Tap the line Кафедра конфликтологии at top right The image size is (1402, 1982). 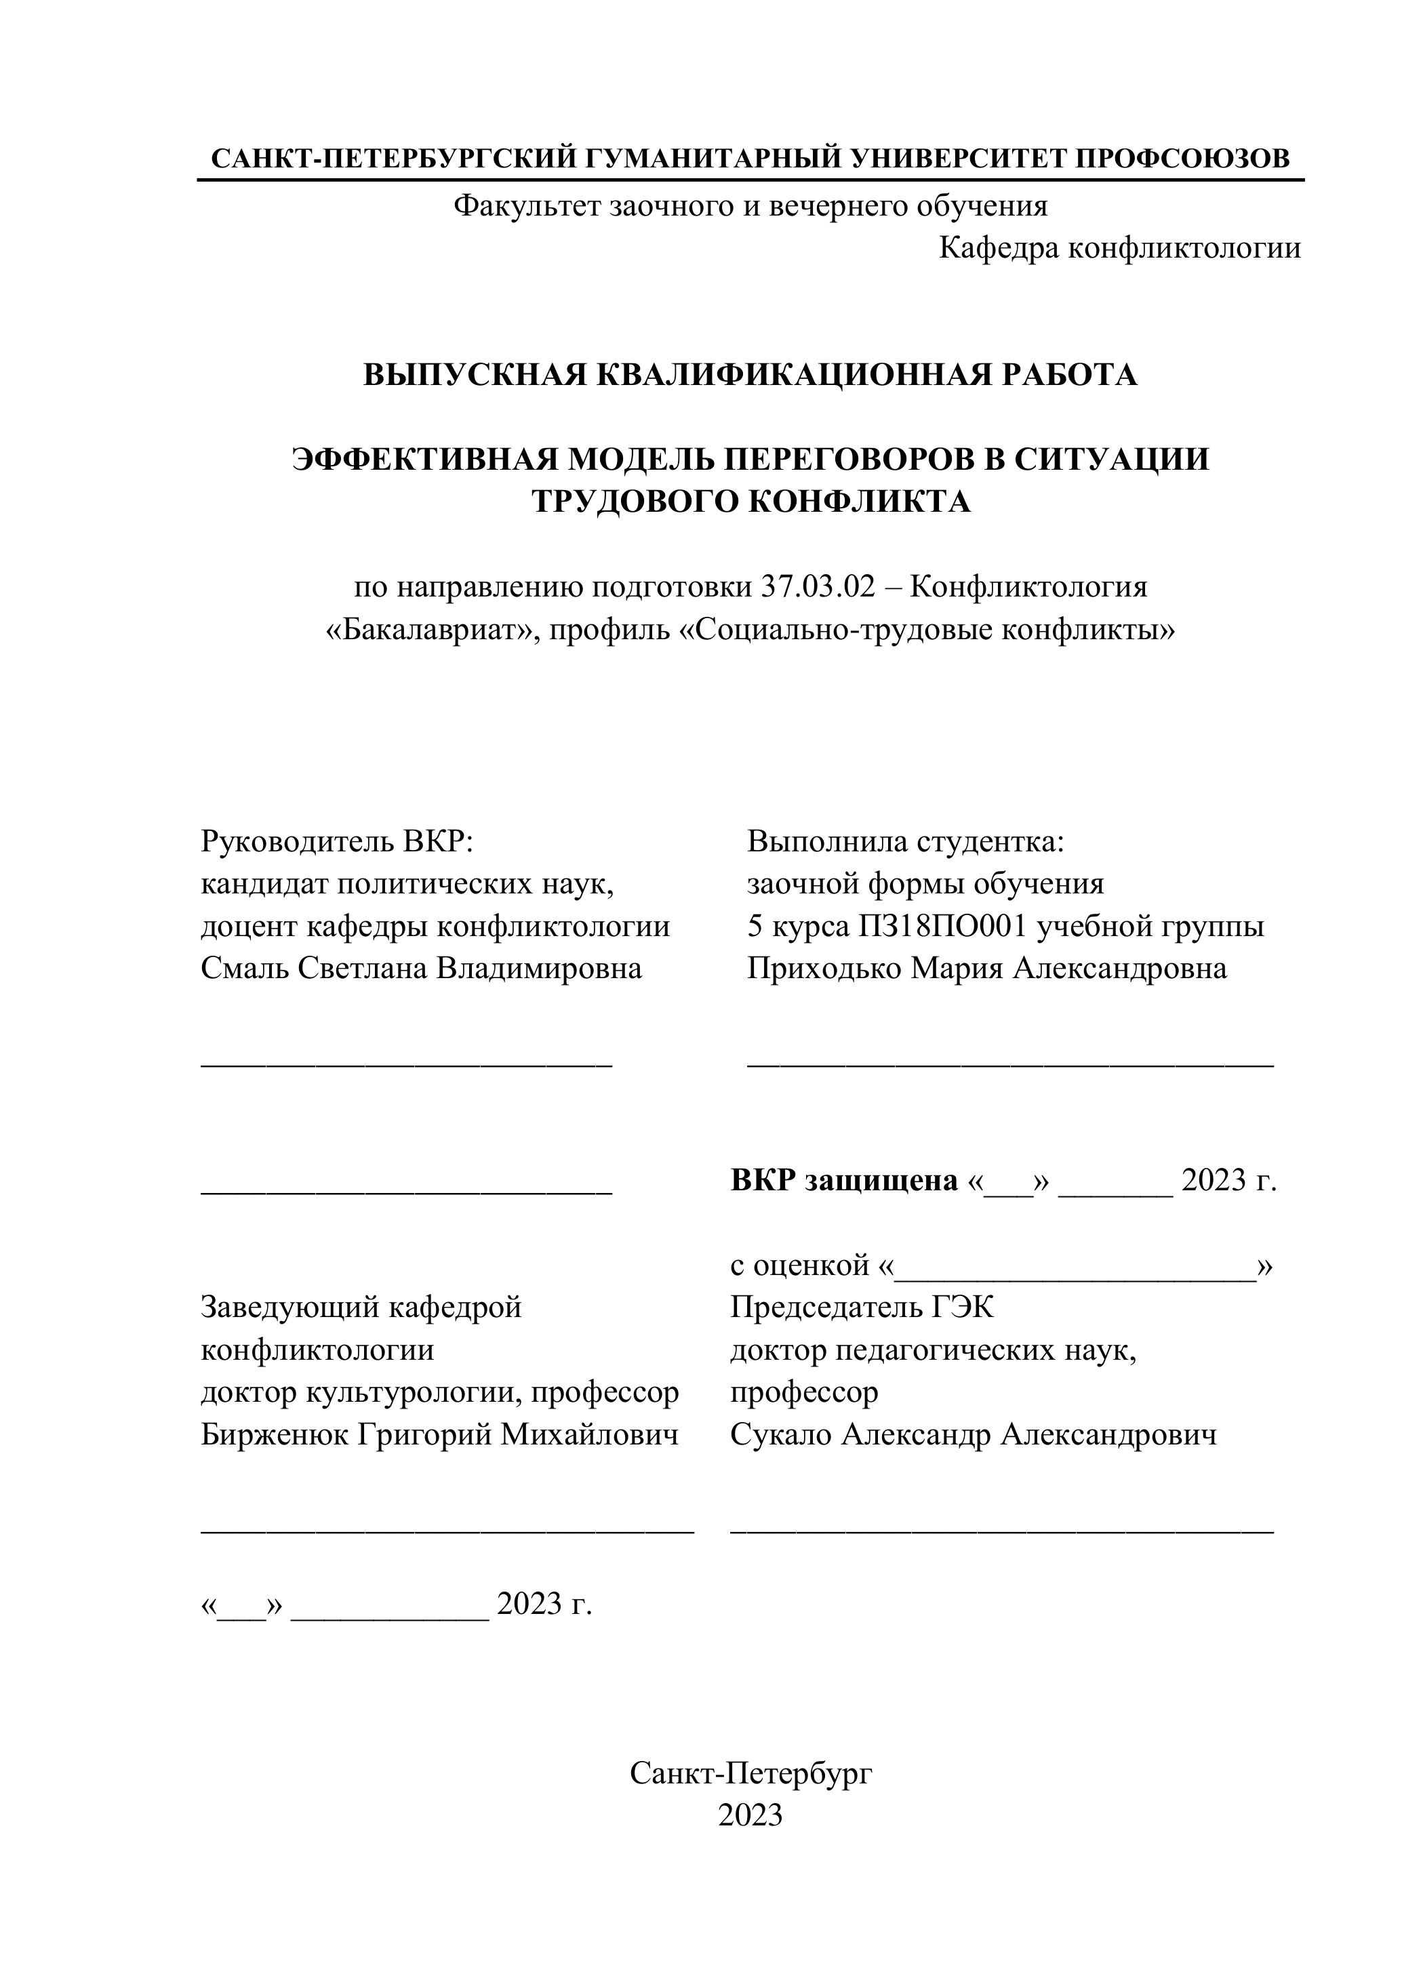[1120, 249]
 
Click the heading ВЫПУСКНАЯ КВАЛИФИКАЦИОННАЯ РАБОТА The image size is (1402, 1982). [749, 375]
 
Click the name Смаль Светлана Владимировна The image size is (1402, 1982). [421, 969]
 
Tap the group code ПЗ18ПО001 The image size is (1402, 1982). [943, 926]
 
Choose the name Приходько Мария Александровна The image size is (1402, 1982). [986, 969]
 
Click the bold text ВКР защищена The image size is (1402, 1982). [844, 1180]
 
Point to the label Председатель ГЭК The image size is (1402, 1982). [862, 1308]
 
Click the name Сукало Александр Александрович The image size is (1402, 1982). [973, 1435]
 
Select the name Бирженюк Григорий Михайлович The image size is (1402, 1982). [439, 1435]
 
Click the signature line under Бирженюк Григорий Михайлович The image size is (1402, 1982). [447, 1531]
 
